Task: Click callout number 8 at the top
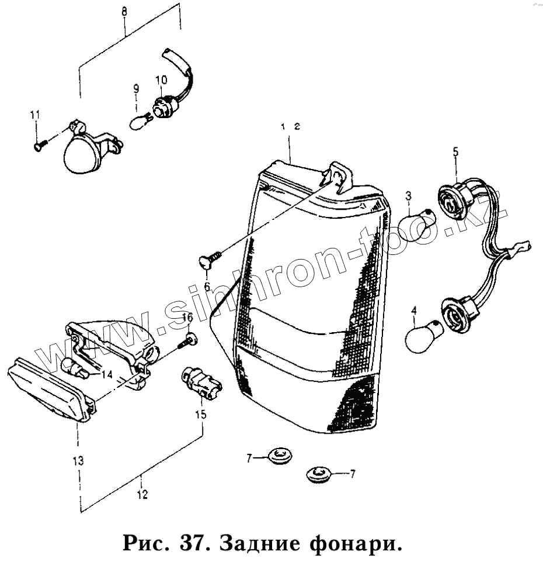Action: [x=124, y=11]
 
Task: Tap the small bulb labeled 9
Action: [x=140, y=122]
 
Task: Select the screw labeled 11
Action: [x=39, y=146]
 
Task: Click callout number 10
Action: [x=161, y=80]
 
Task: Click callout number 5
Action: [x=455, y=152]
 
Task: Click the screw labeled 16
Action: [x=189, y=340]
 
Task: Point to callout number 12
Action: [x=142, y=495]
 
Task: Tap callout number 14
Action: [x=107, y=374]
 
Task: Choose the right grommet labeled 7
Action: [x=319, y=474]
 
